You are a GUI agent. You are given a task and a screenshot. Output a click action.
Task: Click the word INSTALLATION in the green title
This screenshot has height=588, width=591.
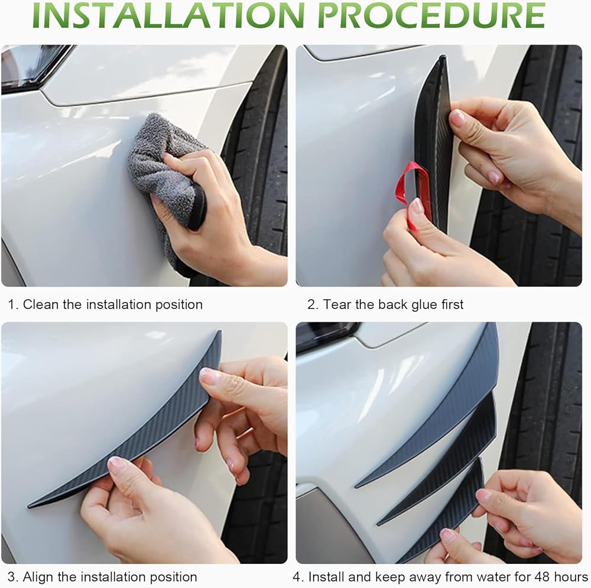click(168, 15)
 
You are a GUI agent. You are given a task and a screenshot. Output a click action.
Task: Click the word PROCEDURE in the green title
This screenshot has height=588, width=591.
click(431, 15)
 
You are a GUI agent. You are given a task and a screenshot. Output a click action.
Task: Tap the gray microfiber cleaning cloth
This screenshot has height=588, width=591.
click(166, 177)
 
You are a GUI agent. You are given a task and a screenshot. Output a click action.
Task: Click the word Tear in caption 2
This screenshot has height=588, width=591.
click(337, 304)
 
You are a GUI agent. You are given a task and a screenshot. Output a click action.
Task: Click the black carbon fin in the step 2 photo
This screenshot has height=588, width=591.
click(433, 143)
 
